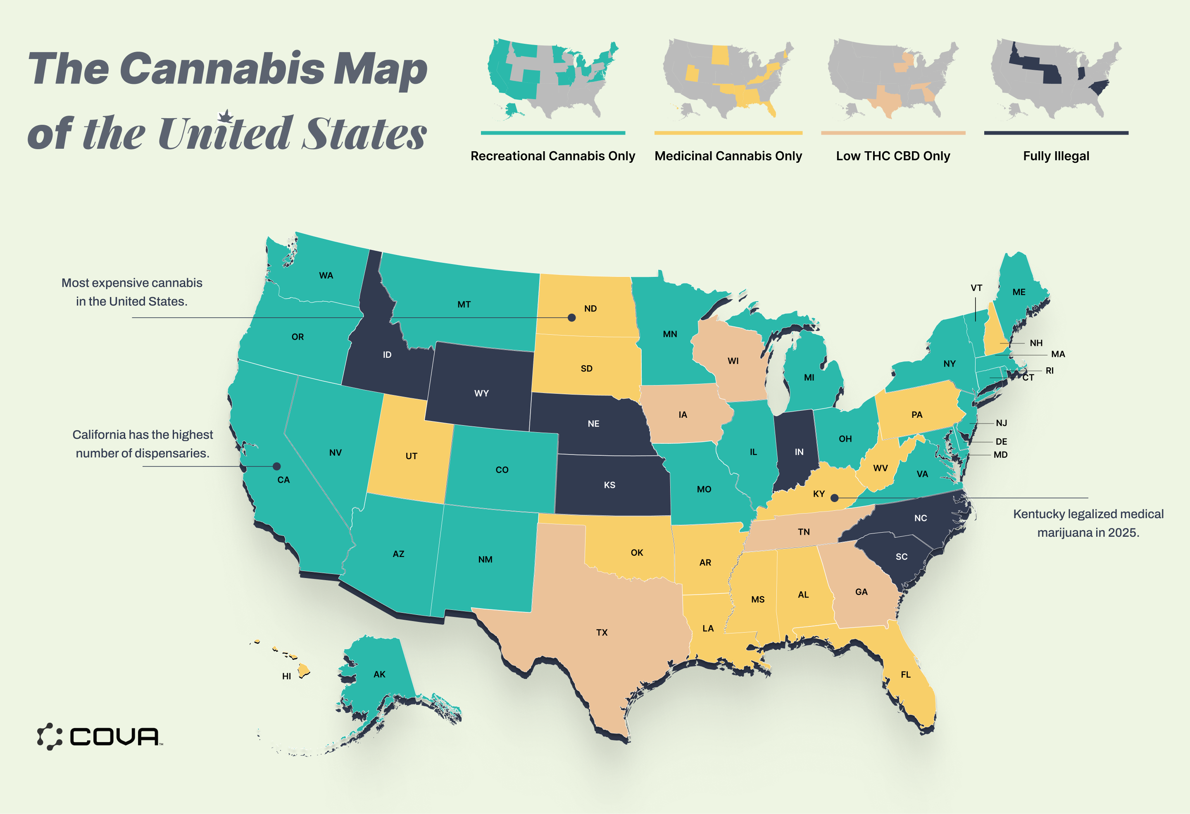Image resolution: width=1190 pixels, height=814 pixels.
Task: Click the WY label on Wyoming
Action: pos(481,393)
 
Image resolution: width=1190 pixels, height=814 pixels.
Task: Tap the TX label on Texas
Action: pos(602,632)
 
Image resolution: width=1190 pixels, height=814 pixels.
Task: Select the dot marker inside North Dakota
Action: pos(571,317)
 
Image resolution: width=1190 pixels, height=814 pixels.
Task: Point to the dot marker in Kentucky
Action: pos(834,497)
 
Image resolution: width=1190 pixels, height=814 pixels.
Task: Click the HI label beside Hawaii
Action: pos(286,676)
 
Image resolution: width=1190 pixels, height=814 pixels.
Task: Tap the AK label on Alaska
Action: pos(379,674)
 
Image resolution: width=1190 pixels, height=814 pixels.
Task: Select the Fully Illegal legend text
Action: pos(1056,156)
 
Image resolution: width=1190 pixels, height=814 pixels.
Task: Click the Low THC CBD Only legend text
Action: pos(892,156)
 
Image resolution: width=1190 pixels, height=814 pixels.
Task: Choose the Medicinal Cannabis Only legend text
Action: pos(728,156)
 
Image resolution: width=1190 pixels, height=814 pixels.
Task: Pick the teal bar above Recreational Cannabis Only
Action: pos(552,133)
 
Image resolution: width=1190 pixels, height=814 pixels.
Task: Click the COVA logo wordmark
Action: pos(114,737)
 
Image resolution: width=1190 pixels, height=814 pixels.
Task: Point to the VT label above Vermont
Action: pos(976,288)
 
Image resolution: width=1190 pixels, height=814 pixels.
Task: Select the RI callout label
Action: pos(1049,371)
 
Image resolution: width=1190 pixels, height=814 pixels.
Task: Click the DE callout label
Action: pos(1001,441)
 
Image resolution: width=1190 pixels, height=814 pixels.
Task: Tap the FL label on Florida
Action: pos(905,674)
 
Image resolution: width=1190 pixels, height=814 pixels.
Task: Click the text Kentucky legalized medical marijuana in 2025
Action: pos(1088,523)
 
